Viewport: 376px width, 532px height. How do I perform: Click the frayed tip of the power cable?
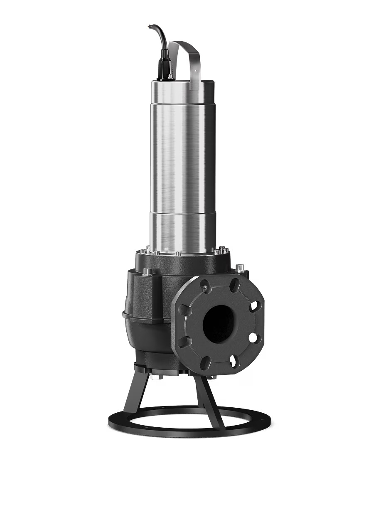(149, 27)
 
